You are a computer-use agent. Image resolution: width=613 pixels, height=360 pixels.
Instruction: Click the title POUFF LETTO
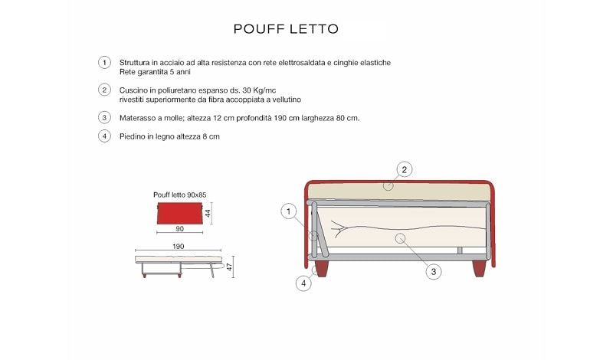(285, 29)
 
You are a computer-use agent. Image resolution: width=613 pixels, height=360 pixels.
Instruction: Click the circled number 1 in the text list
(103, 62)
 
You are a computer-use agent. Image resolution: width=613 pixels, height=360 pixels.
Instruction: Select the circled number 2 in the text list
(103, 90)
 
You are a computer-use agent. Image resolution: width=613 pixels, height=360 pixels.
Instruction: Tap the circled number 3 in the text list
(103, 117)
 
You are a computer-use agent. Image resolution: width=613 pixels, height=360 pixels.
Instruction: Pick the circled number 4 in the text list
(103, 136)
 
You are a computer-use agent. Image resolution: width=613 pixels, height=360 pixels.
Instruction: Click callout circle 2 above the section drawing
(404, 169)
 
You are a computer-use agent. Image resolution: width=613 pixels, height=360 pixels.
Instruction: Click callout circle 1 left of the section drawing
(288, 211)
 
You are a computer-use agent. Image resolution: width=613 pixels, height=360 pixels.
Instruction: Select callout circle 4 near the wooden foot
(304, 283)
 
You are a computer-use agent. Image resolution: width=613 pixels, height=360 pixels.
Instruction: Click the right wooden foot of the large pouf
(480, 268)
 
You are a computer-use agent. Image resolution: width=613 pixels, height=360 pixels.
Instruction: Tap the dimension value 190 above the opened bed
(178, 247)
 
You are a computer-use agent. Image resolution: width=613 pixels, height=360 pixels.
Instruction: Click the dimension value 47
(229, 267)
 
